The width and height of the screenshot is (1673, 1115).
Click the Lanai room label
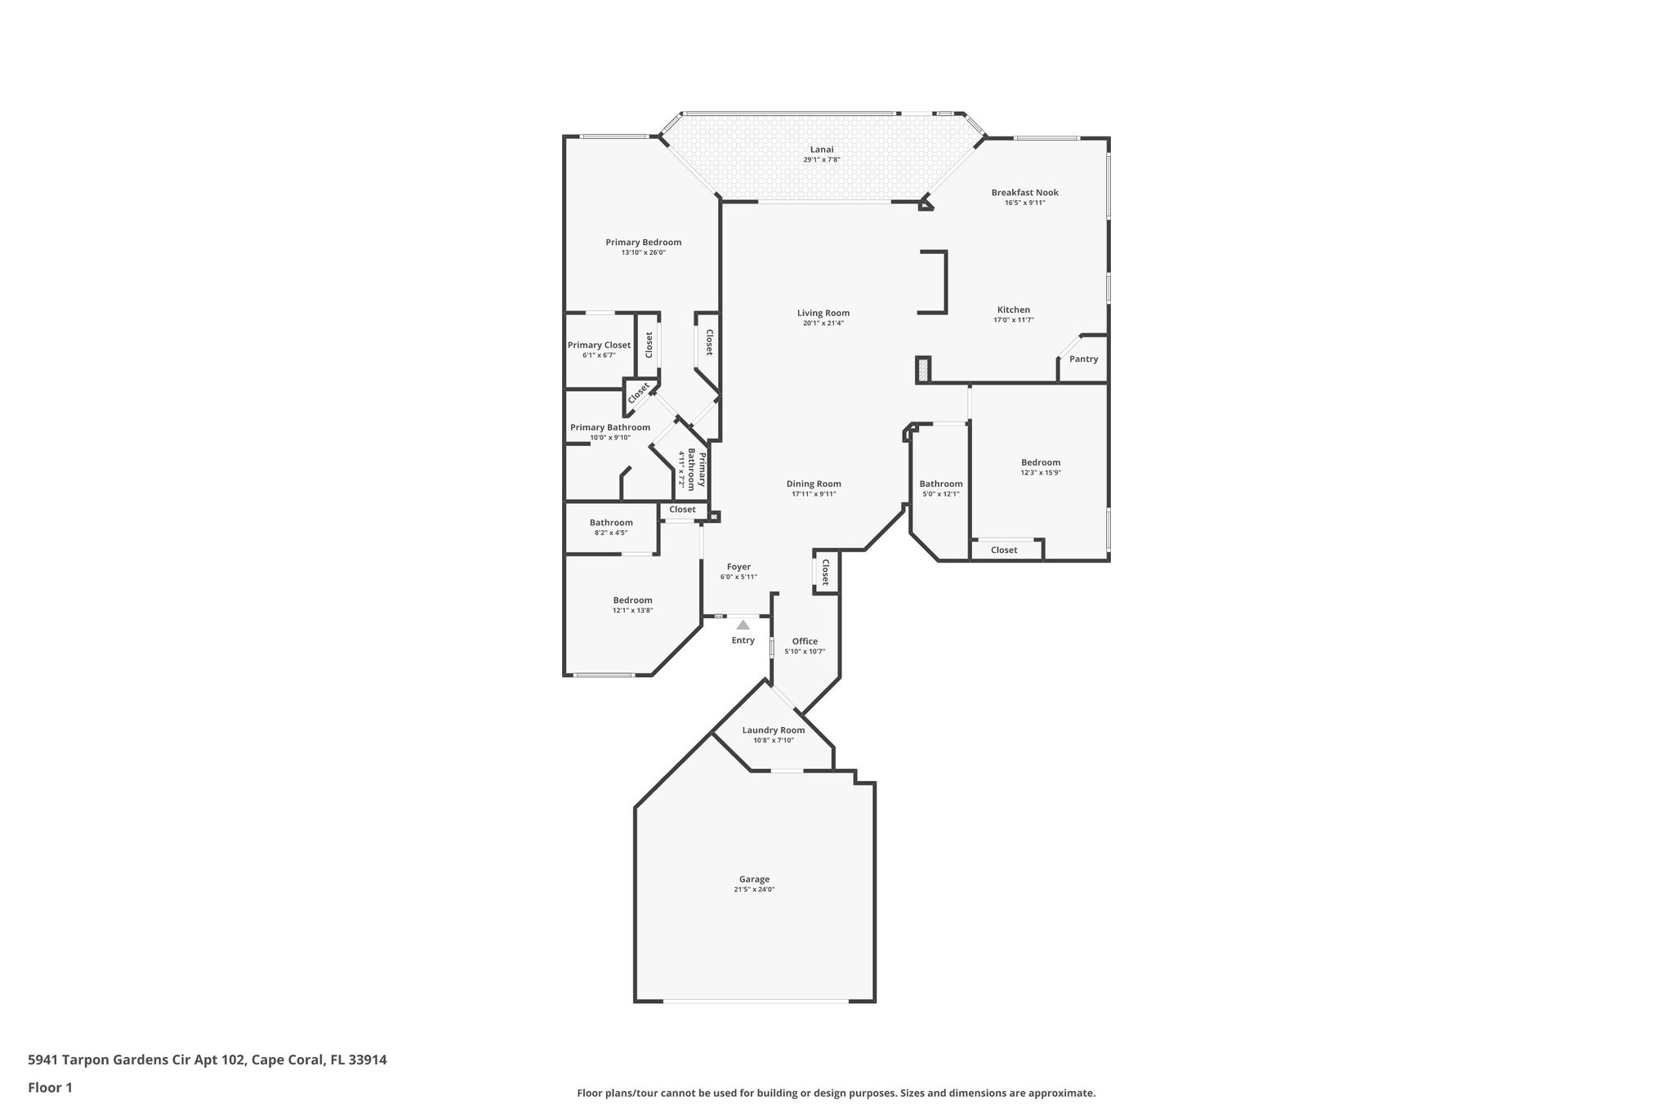point(822,149)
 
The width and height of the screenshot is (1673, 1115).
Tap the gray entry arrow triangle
point(743,625)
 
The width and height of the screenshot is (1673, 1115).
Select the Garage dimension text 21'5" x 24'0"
point(753,890)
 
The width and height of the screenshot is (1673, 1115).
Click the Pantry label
point(1083,359)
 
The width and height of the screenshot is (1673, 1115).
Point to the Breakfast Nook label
point(1024,193)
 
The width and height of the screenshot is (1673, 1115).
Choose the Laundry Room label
point(773,730)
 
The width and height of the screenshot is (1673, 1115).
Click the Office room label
point(805,641)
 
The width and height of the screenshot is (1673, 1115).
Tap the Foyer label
point(738,567)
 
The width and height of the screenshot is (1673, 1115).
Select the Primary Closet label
point(599,346)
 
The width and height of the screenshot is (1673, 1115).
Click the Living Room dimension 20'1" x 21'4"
point(823,323)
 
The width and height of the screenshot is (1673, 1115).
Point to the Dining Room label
point(814,484)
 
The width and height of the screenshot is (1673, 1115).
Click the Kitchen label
point(1013,310)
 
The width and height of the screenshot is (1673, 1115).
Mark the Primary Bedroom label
point(643,243)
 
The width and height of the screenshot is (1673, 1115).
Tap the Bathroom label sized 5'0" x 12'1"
point(941,484)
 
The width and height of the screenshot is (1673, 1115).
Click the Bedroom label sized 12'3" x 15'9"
point(1040,462)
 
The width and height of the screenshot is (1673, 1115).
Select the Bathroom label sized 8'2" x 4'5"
point(611,523)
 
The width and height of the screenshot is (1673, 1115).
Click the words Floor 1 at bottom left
point(50,1087)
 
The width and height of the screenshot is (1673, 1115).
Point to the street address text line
point(207,1060)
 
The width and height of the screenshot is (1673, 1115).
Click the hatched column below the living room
point(923,370)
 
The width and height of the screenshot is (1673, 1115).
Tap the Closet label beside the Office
point(825,572)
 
